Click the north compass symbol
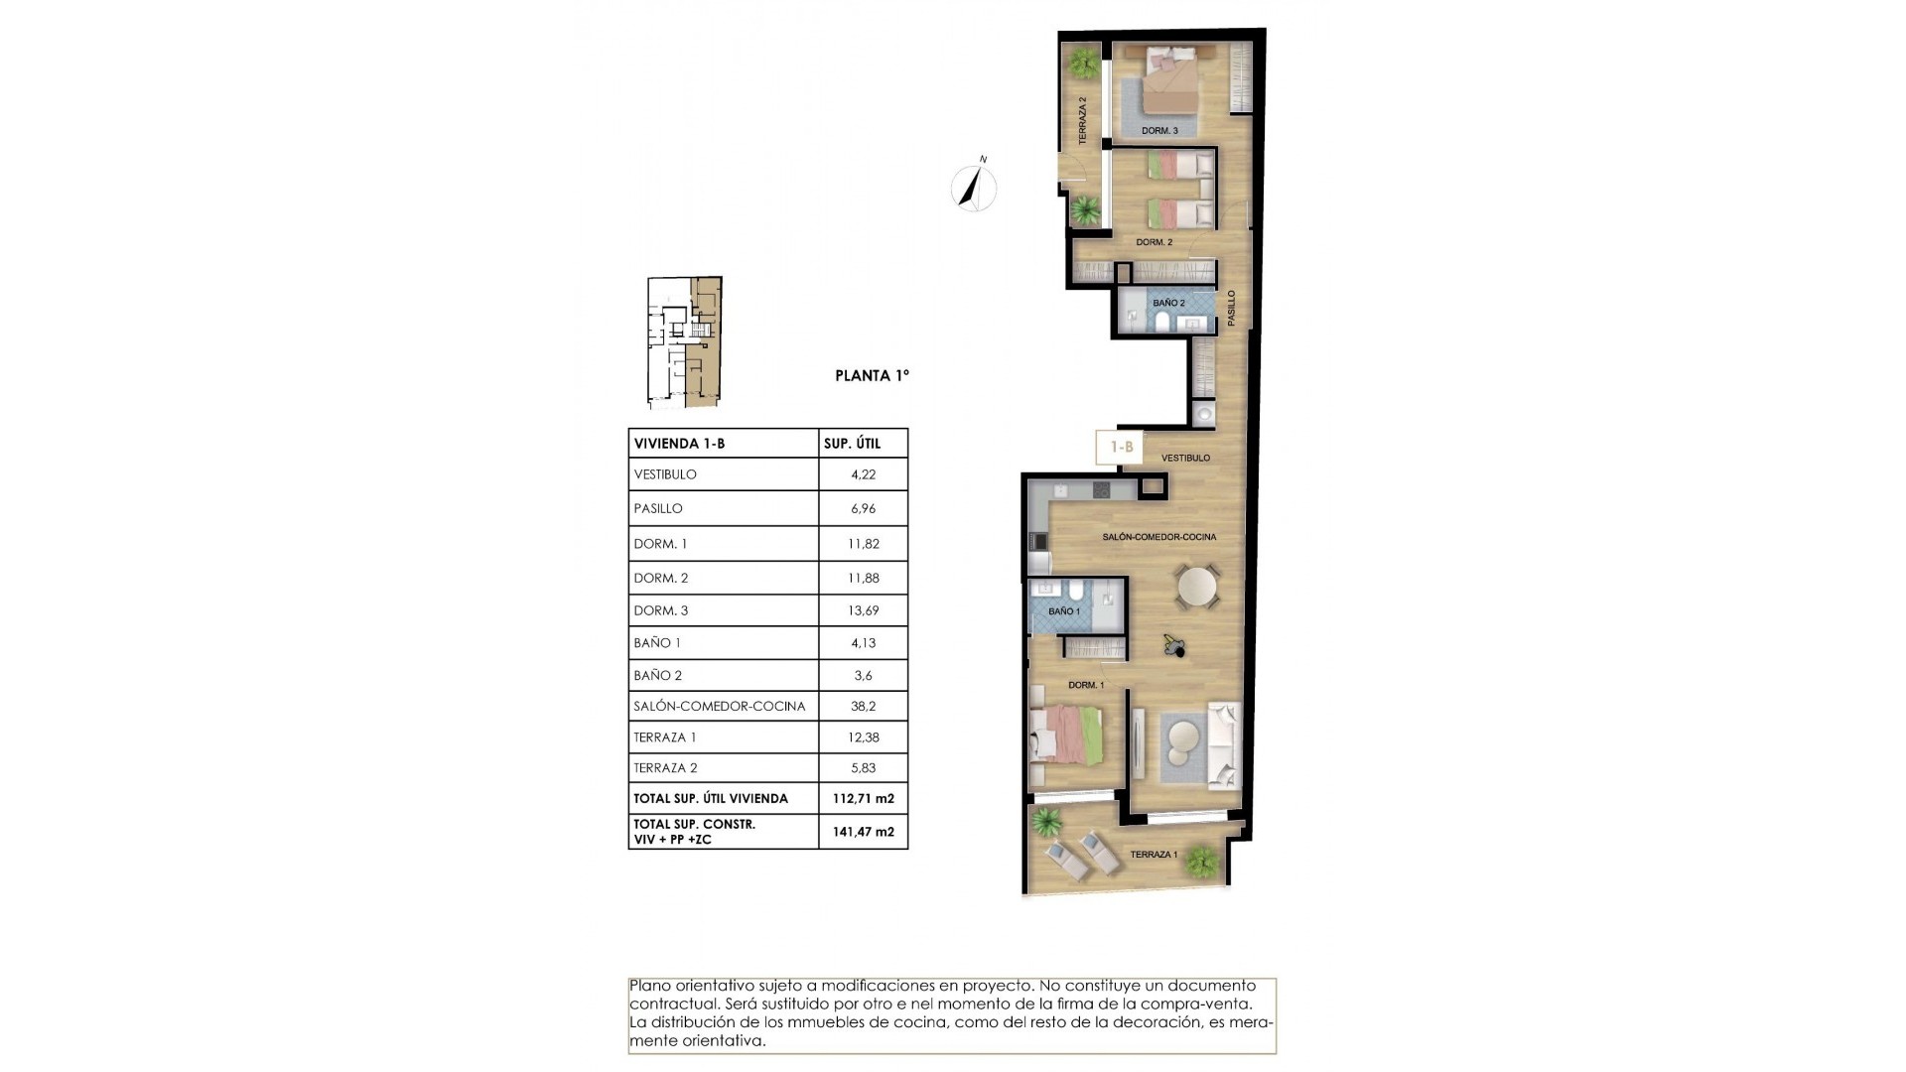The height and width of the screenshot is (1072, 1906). click(x=975, y=187)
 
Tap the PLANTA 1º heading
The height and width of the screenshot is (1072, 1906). click(x=872, y=376)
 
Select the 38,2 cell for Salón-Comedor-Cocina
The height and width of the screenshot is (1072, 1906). click(x=863, y=707)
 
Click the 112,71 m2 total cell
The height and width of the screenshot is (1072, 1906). click(x=863, y=799)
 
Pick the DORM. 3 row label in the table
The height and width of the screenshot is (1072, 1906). click(x=661, y=611)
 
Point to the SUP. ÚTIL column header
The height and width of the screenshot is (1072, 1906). click(x=852, y=444)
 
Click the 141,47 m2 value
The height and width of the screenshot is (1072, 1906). click(x=863, y=832)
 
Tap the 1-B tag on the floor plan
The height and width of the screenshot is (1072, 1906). click(x=1121, y=448)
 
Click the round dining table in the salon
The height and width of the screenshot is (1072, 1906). click(x=1197, y=587)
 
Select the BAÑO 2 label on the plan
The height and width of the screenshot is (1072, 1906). click(x=1168, y=303)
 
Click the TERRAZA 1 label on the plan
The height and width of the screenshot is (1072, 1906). click(x=1154, y=855)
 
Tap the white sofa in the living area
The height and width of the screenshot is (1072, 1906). click(x=1222, y=744)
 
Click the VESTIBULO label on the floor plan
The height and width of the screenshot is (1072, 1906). click(x=1185, y=459)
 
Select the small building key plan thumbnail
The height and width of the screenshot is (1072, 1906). click(x=684, y=342)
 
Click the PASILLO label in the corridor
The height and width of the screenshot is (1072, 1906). click(x=1232, y=308)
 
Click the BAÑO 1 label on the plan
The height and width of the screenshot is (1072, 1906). click(x=1063, y=611)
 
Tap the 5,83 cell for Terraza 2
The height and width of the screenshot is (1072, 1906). click(x=863, y=768)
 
